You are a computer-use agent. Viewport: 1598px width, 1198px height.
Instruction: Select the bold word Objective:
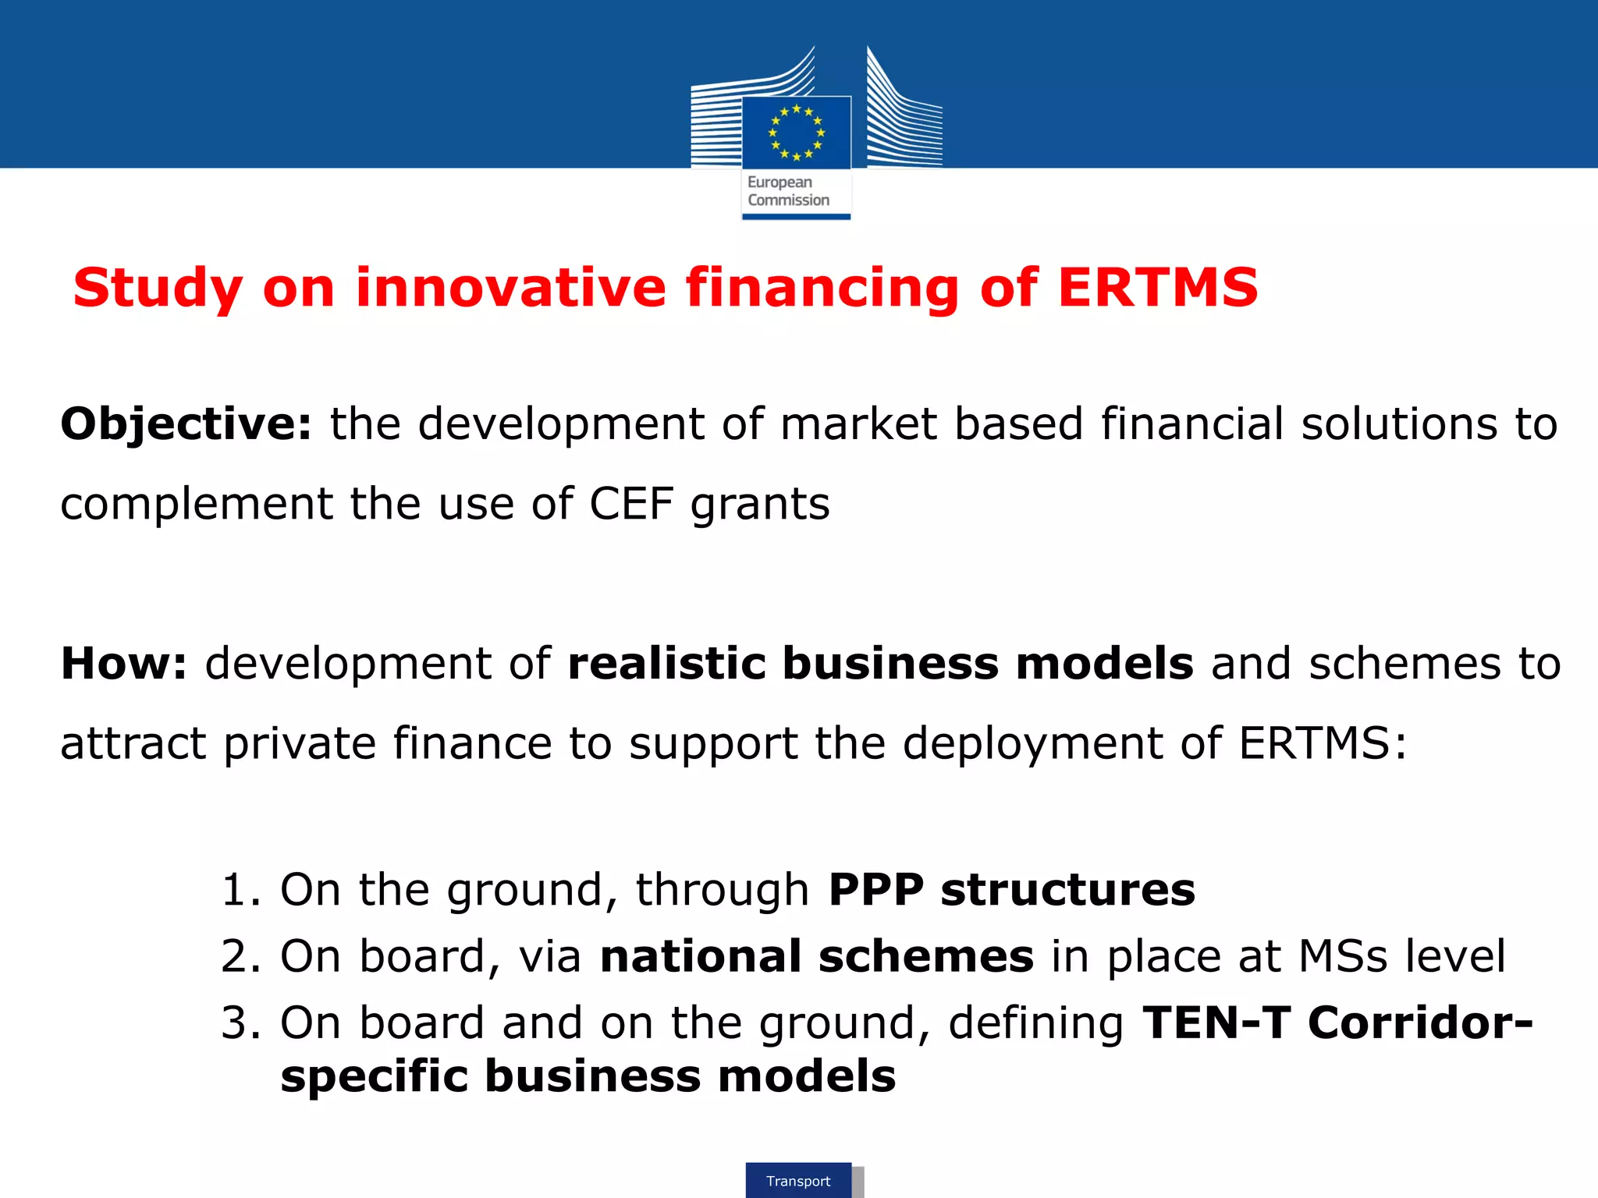pyautogui.click(x=186, y=425)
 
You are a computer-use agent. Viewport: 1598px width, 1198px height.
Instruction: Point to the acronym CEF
pyautogui.click(x=630, y=504)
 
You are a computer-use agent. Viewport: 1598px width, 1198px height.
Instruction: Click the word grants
pyautogui.click(x=760, y=505)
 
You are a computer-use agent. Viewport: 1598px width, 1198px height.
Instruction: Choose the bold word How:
pyautogui.click(x=124, y=664)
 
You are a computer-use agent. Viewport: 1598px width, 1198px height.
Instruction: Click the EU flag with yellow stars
pyautogui.click(x=796, y=132)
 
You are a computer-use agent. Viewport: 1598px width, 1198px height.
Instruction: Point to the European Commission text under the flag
pyautogui.click(x=788, y=191)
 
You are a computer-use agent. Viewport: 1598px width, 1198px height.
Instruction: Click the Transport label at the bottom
pyautogui.click(x=798, y=1181)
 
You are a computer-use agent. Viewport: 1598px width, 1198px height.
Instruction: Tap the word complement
pyautogui.click(x=195, y=505)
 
